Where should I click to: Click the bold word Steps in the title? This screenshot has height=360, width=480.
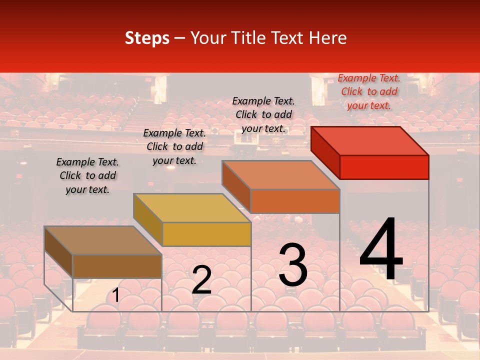(x=147, y=38)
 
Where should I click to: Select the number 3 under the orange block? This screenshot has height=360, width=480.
(x=293, y=265)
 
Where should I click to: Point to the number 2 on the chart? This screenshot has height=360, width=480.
(x=201, y=280)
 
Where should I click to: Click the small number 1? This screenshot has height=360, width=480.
(x=115, y=295)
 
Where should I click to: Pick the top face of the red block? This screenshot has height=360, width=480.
(x=370, y=140)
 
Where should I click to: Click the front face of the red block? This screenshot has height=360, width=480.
(x=384, y=167)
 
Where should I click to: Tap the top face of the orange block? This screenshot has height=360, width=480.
(x=281, y=175)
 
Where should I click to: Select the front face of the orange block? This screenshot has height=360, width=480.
(x=295, y=201)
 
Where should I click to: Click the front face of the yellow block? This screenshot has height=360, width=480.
(x=206, y=234)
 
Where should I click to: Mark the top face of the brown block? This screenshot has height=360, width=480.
(x=103, y=240)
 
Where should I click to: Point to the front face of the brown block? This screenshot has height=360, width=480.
(x=117, y=266)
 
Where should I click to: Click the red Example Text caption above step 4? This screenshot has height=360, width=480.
(x=369, y=91)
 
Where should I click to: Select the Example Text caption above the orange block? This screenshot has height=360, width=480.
(x=263, y=114)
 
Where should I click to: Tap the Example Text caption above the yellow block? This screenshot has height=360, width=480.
(x=174, y=146)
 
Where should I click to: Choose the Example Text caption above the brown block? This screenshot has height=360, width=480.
(x=87, y=175)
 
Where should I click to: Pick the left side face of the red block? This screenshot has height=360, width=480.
(x=325, y=152)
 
